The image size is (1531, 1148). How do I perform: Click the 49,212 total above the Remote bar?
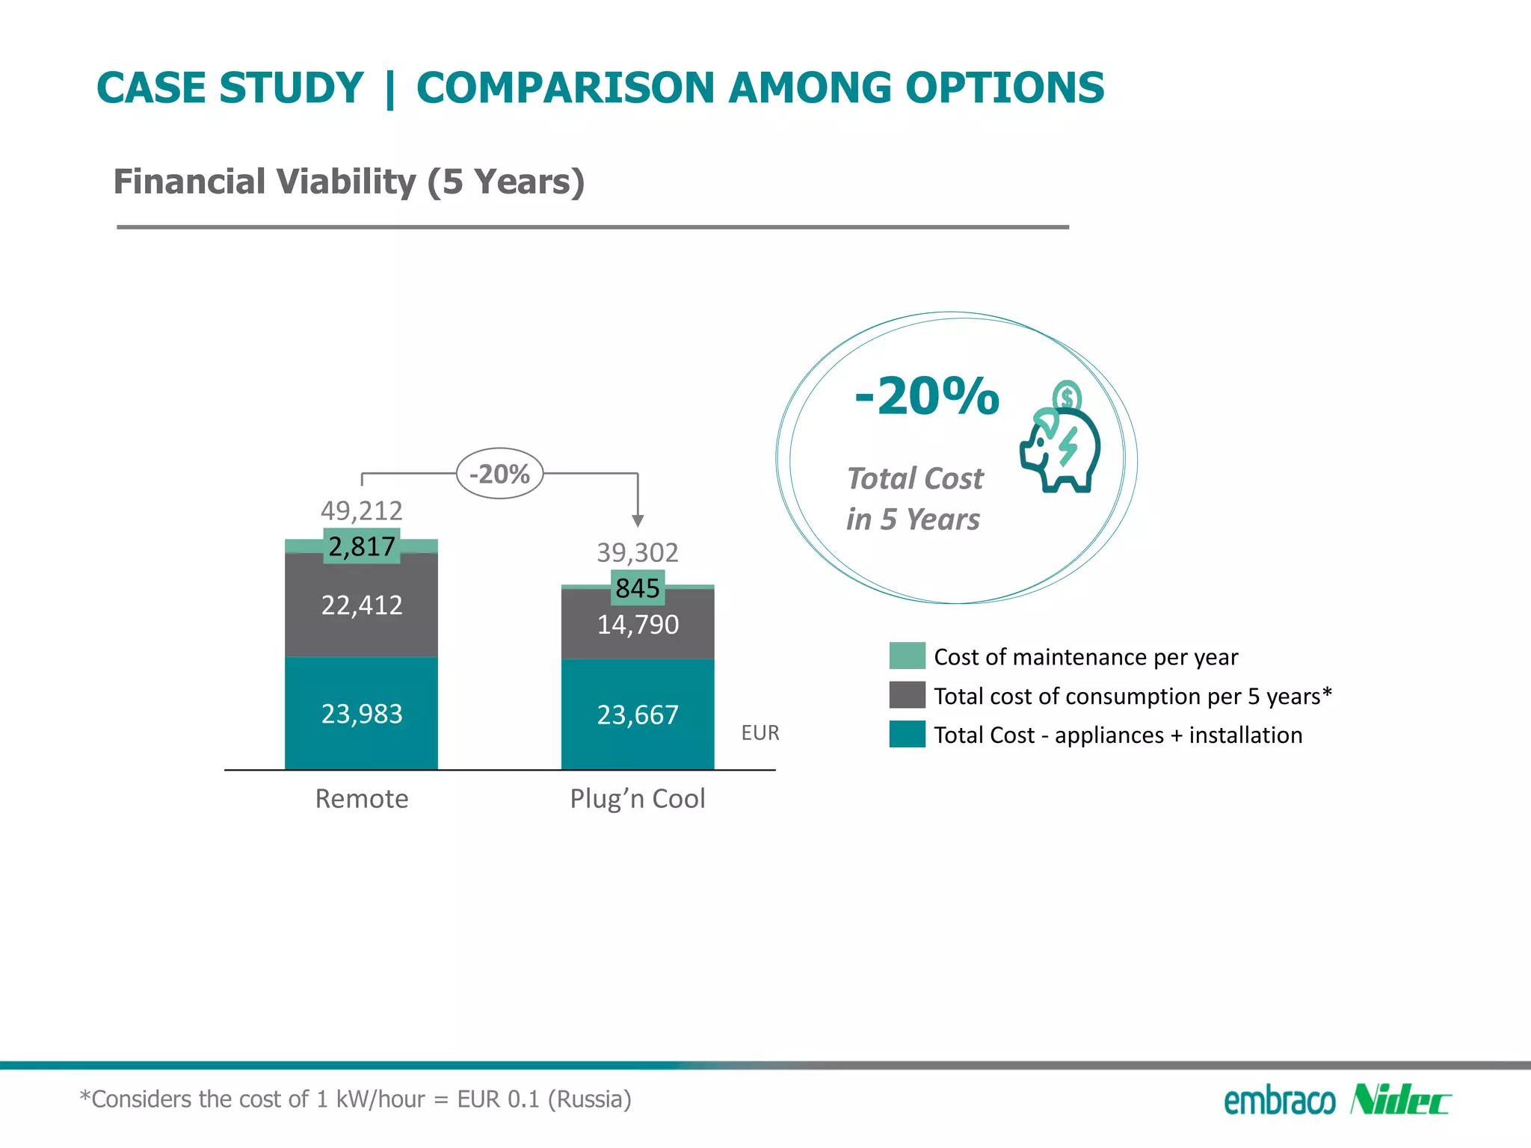click(x=362, y=510)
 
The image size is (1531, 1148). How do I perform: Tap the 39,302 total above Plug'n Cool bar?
click(x=638, y=552)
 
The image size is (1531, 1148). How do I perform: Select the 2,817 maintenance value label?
click(x=362, y=546)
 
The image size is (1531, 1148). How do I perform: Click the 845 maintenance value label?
click(x=638, y=588)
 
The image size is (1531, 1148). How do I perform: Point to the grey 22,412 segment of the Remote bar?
click(x=362, y=605)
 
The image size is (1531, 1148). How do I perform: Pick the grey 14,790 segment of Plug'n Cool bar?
click(x=638, y=625)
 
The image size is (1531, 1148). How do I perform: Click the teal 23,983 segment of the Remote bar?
click(x=362, y=714)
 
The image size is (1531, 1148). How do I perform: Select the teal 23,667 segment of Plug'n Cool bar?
click(x=638, y=715)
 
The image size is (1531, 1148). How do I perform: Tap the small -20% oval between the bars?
click(x=499, y=474)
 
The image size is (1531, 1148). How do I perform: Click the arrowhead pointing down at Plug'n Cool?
click(x=638, y=521)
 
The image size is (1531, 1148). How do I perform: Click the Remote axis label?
click(x=362, y=799)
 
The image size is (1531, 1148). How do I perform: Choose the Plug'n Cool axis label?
click(x=638, y=799)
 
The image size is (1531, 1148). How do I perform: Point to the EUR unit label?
click(x=760, y=733)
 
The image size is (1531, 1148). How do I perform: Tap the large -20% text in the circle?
click(x=927, y=395)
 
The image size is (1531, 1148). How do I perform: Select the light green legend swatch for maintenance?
click(x=907, y=656)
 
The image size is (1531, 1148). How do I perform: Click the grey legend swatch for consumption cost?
click(x=907, y=695)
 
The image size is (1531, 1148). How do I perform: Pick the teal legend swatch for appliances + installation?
click(x=907, y=735)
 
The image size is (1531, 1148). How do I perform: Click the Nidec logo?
click(x=1399, y=1100)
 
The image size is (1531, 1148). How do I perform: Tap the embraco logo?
click(x=1279, y=1102)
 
